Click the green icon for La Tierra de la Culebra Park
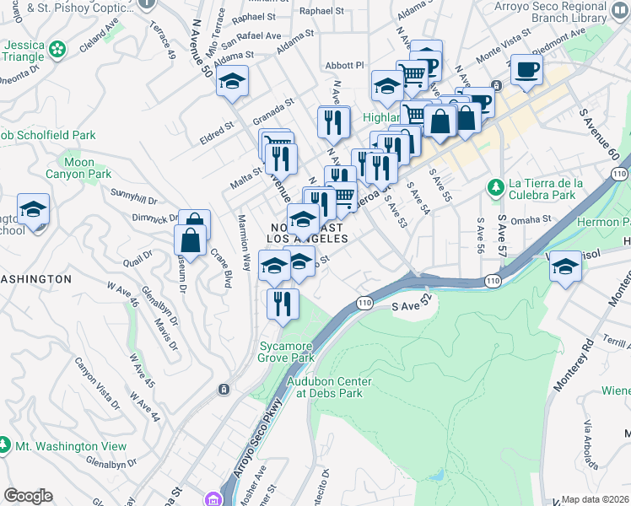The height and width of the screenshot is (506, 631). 496,186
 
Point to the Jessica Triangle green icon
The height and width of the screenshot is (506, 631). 57,50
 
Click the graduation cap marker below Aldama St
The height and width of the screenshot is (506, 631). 230,82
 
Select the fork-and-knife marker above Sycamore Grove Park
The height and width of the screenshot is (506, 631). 283,302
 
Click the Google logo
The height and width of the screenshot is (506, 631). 28,496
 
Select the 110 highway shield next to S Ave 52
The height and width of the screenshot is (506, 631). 364,302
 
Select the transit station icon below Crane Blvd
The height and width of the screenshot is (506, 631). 224,389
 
